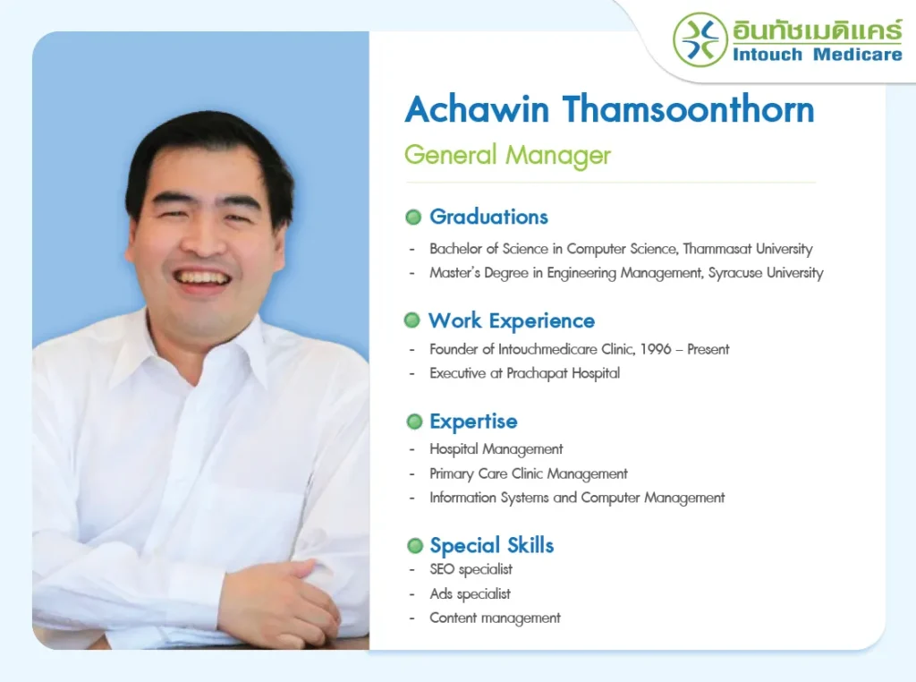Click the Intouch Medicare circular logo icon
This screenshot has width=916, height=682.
pyautogui.click(x=700, y=39)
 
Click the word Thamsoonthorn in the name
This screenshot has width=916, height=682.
pyautogui.click(x=688, y=109)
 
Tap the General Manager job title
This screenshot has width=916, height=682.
pyautogui.click(x=507, y=156)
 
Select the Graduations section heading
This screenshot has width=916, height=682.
pyautogui.click(x=489, y=217)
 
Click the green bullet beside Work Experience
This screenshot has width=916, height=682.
pyautogui.click(x=411, y=320)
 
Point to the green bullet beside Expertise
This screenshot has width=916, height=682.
pyautogui.click(x=414, y=422)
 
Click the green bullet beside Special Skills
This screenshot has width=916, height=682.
pyautogui.click(x=415, y=546)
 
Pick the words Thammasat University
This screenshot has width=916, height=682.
pyautogui.click(x=748, y=249)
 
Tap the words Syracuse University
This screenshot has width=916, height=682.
pyautogui.click(x=766, y=273)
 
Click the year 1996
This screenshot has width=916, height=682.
pyautogui.click(x=656, y=349)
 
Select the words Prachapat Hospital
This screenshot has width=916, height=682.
pyautogui.click(x=564, y=373)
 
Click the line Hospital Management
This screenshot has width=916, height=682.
pyautogui.click(x=496, y=449)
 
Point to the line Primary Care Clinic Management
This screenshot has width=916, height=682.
pyautogui.click(x=529, y=474)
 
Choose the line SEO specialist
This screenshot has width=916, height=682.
pyautogui.click(x=471, y=570)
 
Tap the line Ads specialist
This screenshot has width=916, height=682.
pyautogui.click(x=471, y=594)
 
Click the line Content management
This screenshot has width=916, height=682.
pyautogui.click(x=495, y=618)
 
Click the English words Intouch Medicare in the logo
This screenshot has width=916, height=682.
pyautogui.click(x=818, y=55)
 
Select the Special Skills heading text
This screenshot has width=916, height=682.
pyautogui.click(x=492, y=545)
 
